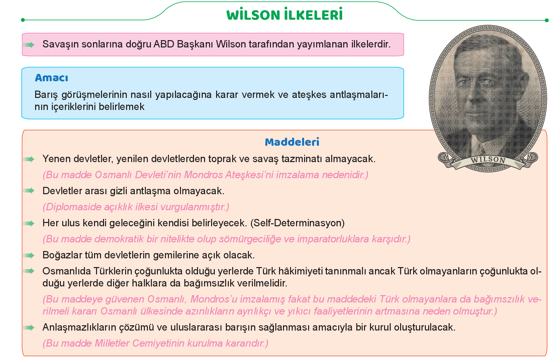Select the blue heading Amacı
52,78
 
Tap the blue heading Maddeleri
292,142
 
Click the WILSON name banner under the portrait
488,160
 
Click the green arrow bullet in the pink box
29,45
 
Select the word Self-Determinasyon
297,223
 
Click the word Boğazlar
62,255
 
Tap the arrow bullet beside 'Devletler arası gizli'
29,191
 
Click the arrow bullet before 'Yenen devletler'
29,159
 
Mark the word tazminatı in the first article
302,159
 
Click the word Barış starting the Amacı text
46,95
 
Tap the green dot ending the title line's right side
547,20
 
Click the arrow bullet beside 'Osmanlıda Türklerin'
29,271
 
